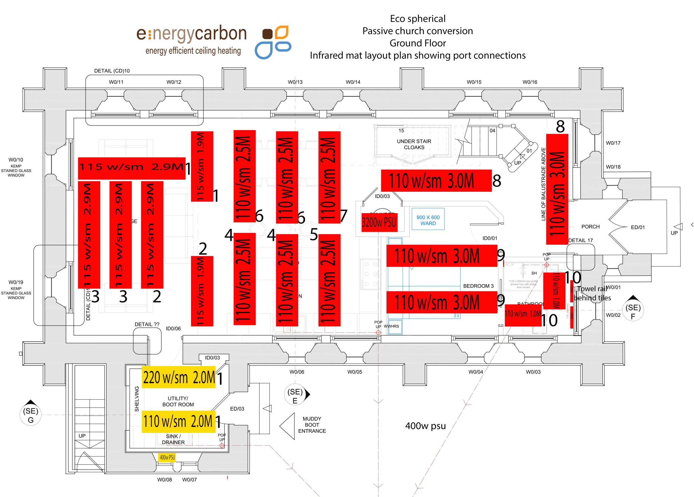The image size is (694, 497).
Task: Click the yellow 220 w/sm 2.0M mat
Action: (x=179, y=377)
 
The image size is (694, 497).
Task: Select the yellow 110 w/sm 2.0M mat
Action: (x=179, y=421)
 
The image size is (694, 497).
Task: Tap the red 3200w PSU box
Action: (x=379, y=222)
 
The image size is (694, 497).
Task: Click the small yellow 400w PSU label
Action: (x=167, y=457)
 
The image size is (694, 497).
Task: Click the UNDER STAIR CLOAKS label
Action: (x=414, y=144)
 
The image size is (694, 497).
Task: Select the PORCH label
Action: (x=590, y=226)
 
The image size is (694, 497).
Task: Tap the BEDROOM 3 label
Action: (x=478, y=286)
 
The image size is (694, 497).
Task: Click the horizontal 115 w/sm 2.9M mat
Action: (x=131, y=168)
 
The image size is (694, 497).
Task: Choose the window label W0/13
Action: (x=295, y=82)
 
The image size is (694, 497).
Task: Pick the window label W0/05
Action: (x=355, y=372)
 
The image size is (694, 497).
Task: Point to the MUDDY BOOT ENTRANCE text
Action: (x=312, y=425)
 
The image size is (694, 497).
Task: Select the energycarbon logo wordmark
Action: (x=192, y=34)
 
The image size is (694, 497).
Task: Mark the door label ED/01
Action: (x=638, y=227)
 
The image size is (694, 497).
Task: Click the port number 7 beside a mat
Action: (x=344, y=216)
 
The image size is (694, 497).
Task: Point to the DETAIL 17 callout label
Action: (x=580, y=240)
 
